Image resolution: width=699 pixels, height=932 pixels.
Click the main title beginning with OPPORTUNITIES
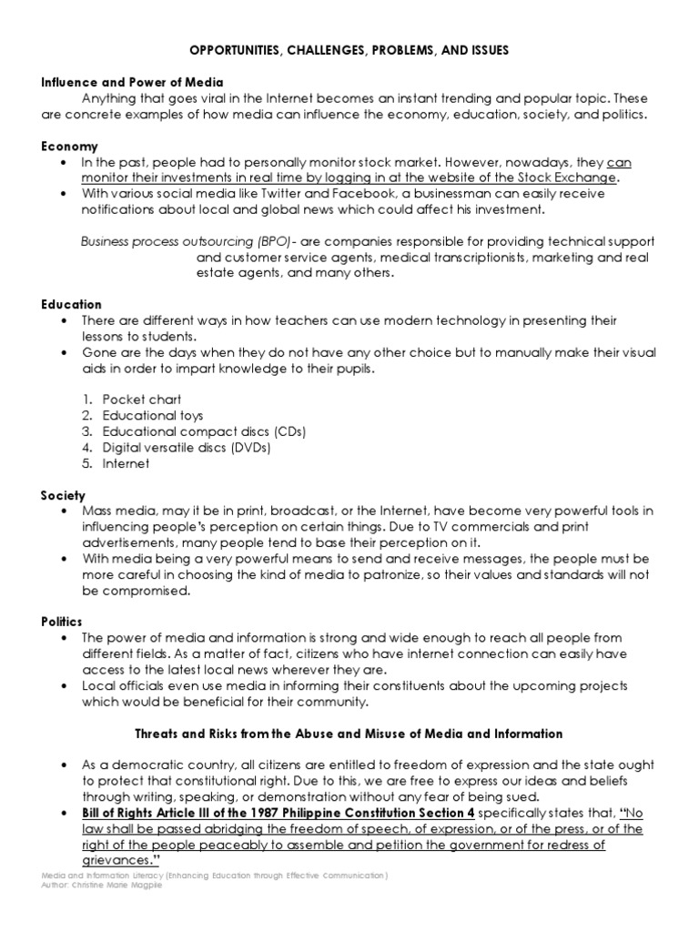349,51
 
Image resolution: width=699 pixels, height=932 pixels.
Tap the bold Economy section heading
69,147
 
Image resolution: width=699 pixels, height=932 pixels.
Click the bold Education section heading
71,304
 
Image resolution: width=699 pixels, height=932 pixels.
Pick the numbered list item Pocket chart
142,400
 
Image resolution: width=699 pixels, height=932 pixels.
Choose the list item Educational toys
152,415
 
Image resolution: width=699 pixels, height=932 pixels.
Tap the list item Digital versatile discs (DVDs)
187,447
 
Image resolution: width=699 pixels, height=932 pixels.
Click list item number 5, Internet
126,463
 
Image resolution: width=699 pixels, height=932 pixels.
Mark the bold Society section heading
63,495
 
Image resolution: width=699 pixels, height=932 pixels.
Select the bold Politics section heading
63,621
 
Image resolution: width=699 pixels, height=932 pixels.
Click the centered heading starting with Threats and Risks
349,733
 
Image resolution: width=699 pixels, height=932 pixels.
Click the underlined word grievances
116,860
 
